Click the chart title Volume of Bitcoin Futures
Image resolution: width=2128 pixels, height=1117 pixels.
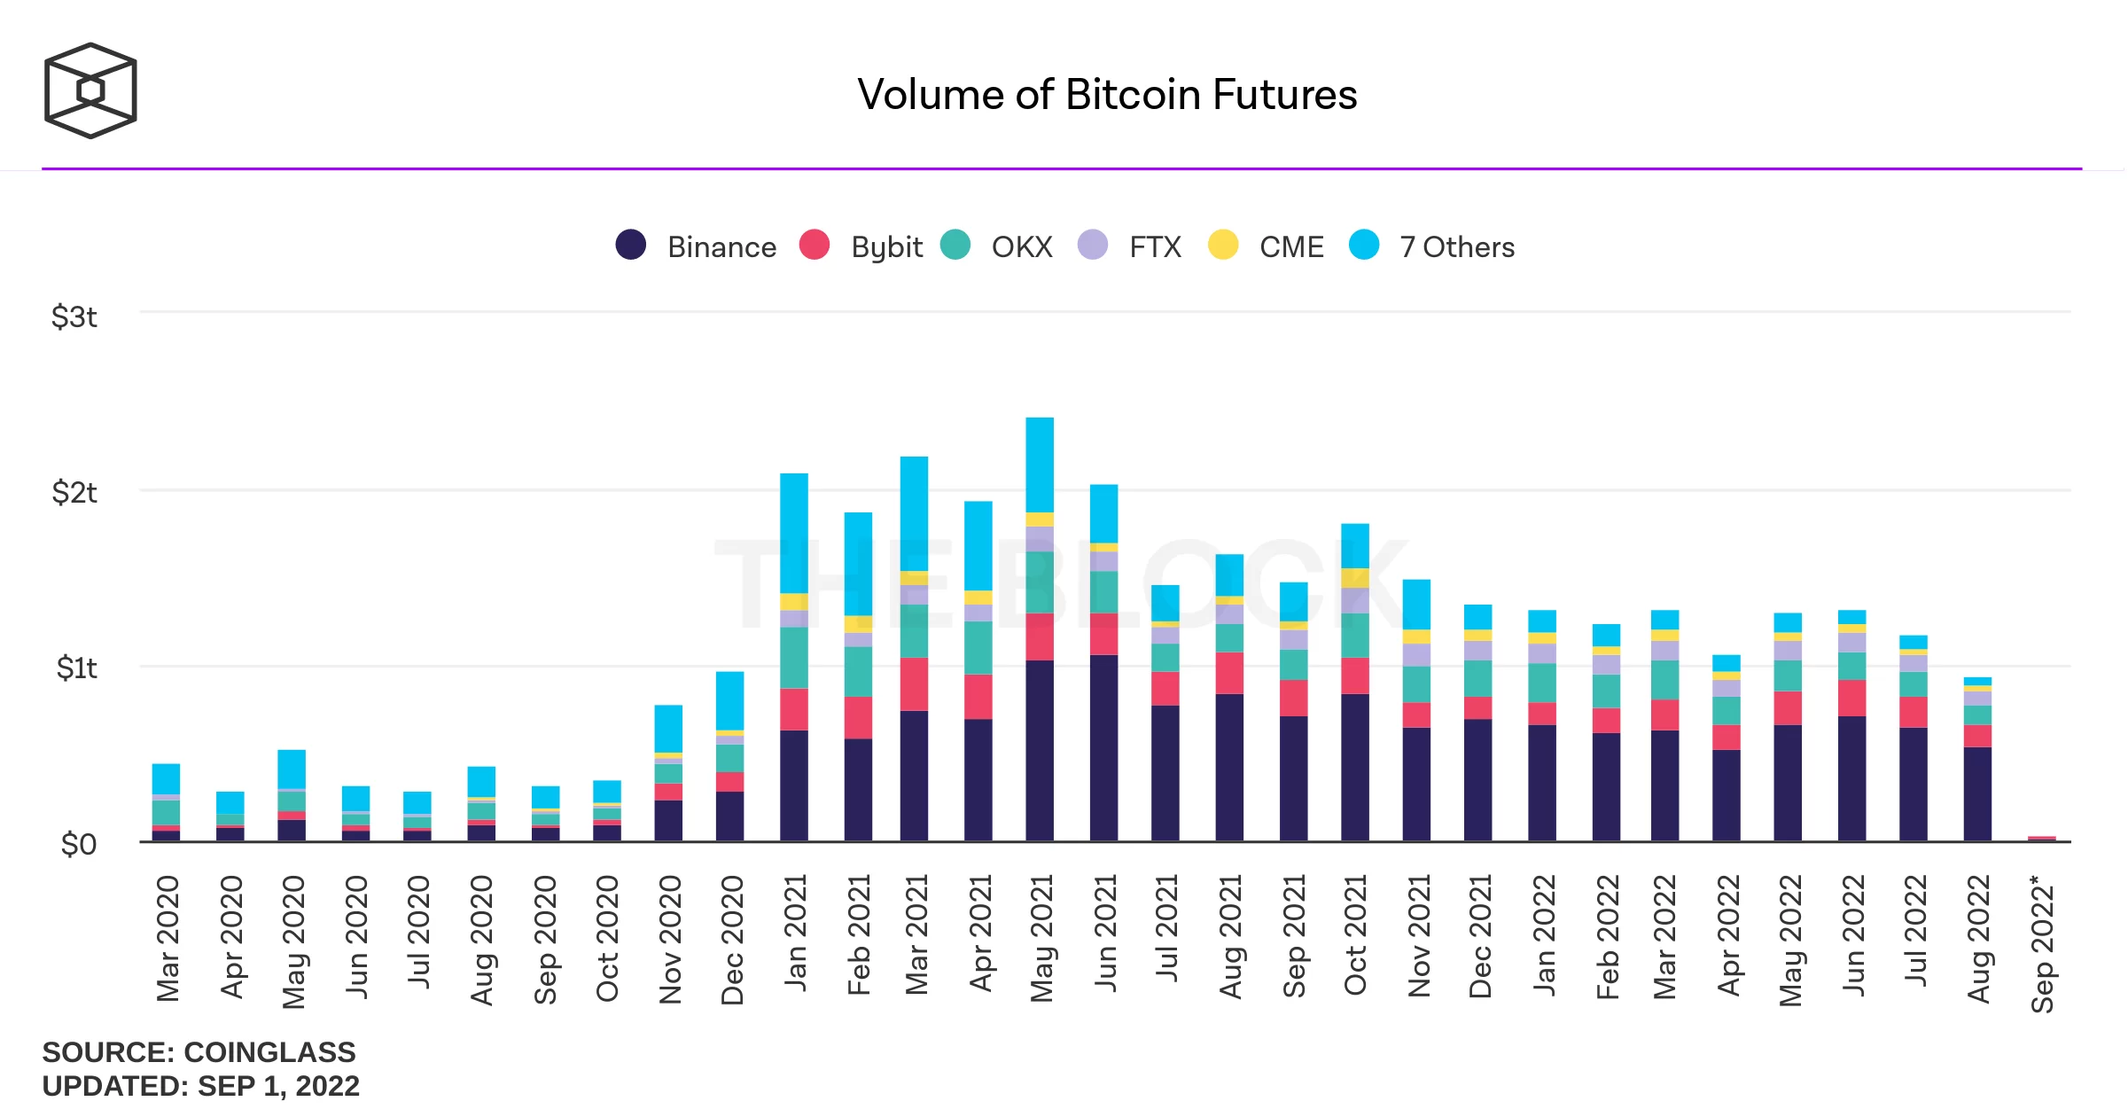coord(1106,95)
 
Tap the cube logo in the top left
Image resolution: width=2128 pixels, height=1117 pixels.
coord(90,90)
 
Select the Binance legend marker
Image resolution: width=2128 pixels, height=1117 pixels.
coord(630,245)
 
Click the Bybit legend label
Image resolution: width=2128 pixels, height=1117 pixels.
coord(885,246)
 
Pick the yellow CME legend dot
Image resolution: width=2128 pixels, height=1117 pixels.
coord(1223,245)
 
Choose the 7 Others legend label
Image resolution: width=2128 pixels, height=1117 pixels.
coord(1456,246)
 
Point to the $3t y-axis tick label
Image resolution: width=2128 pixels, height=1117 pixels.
coord(74,316)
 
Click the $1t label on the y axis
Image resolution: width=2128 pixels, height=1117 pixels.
coord(76,668)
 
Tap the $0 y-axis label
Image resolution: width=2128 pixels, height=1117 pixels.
coord(78,844)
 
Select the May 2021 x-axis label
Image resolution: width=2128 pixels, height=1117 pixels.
coord(1041,938)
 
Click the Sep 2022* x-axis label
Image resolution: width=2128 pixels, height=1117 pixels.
coord(2042,943)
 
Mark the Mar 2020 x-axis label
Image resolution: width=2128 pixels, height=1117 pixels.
coord(168,938)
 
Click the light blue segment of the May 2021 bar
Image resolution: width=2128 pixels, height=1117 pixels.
coord(1040,465)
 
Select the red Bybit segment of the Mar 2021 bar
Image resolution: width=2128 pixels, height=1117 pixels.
coord(914,683)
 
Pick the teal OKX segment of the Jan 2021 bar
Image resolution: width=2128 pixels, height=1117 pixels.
coord(794,658)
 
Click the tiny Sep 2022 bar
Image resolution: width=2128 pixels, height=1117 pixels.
coord(2041,838)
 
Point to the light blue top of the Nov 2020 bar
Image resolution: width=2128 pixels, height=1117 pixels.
coord(668,729)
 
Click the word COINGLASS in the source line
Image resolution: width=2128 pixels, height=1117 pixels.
coord(269,1052)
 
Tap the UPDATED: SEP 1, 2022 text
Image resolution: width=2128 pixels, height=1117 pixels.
coord(200,1086)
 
